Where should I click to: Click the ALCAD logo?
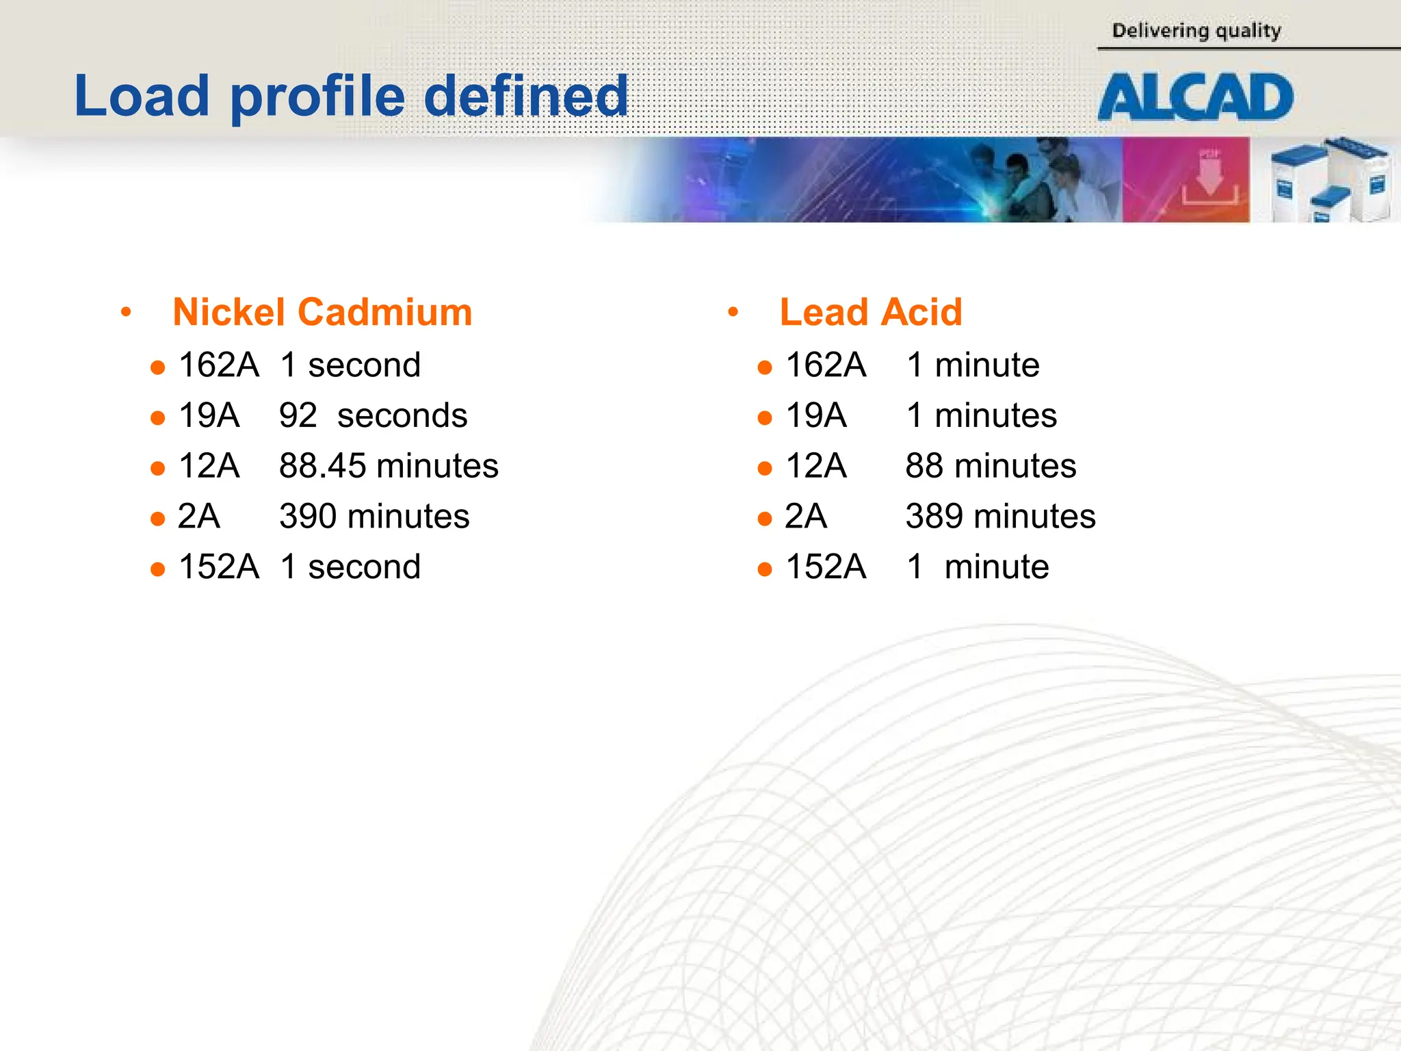pos(1195,97)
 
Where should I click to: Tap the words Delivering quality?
pos(1196,31)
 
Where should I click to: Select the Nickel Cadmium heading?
pos(322,312)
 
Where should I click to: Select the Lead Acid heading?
pos(871,312)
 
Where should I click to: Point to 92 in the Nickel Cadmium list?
pos(298,415)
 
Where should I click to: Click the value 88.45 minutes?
pos(389,466)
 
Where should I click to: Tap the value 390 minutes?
pos(374,516)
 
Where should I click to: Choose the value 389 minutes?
pos(1000,516)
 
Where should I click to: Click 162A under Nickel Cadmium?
pos(219,365)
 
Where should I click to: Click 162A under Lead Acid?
pos(826,365)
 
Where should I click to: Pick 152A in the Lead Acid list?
pos(826,567)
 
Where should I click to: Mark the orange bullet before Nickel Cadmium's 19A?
pos(158,417)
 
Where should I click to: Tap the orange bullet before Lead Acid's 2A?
pos(765,519)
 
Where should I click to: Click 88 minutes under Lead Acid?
pos(991,466)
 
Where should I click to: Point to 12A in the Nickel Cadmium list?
pos(209,466)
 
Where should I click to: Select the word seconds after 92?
pos(402,415)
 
